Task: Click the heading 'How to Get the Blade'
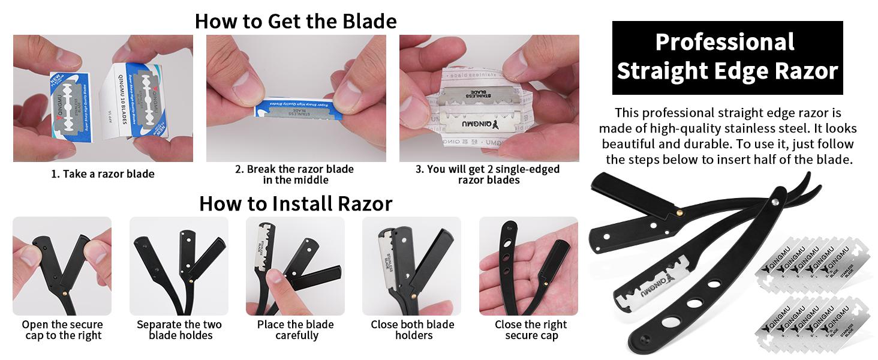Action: [295, 21]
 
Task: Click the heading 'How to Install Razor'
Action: [295, 203]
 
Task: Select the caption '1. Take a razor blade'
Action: [103, 174]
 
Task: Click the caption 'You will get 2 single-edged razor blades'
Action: [487, 174]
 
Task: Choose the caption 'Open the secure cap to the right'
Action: [62, 330]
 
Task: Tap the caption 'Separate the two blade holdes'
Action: [179, 330]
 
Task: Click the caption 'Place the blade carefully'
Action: [296, 330]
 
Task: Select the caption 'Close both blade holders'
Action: [412, 330]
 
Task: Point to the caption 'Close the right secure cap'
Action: [530, 330]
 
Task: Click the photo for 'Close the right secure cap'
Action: [528, 266]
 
